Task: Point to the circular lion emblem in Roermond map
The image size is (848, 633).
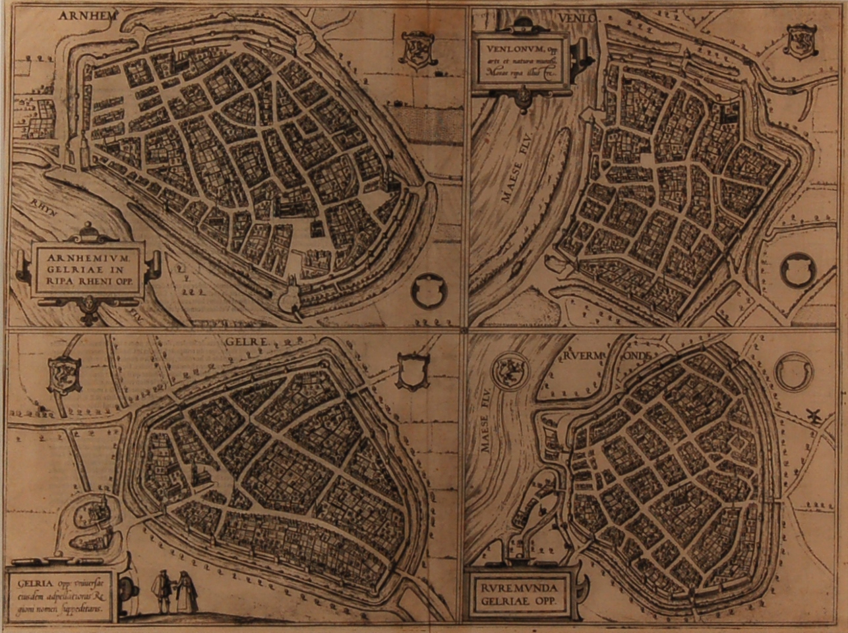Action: point(510,366)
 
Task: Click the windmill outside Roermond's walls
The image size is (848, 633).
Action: point(812,416)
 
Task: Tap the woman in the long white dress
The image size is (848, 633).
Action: point(187,591)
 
